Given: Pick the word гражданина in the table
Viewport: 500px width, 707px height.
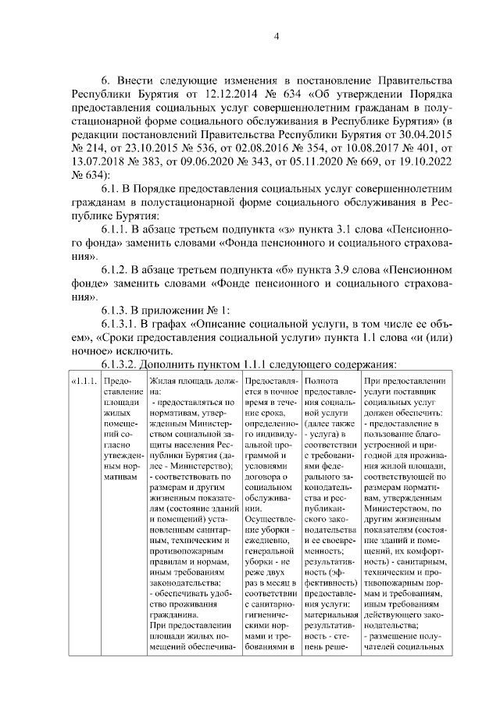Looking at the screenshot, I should coord(173,613).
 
